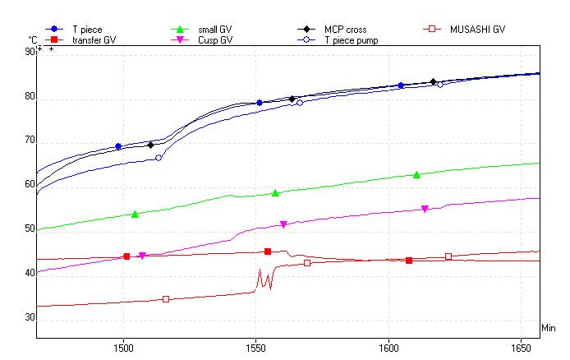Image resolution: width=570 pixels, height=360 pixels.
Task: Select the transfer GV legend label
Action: click(x=94, y=39)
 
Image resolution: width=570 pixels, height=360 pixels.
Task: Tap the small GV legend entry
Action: click(x=214, y=30)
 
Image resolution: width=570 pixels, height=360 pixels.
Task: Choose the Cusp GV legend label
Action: click(x=214, y=39)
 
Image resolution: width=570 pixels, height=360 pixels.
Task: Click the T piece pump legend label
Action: click(x=351, y=39)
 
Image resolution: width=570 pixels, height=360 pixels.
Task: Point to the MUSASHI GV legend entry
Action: click(x=477, y=30)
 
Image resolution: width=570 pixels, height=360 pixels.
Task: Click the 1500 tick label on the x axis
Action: click(x=123, y=348)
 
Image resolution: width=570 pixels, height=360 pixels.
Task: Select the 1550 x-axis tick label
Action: click(x=256, y=348)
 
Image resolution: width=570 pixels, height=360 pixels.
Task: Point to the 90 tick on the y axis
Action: click(x=30, y=52)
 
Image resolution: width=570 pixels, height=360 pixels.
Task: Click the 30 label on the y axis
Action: click(x=30, y=317)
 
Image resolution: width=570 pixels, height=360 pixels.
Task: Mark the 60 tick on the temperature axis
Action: click(x=30, y=185)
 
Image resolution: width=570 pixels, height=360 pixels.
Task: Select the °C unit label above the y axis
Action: click(x=32, y=39)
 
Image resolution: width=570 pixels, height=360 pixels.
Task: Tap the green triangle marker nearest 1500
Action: click(x=135, y=214)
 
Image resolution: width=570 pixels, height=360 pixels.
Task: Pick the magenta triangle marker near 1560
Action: click(x=283, y=224)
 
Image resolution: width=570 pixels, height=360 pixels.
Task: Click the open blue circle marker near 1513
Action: click(x=159, y=158)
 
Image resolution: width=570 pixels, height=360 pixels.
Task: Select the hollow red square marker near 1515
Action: click(x=166, y=299)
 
